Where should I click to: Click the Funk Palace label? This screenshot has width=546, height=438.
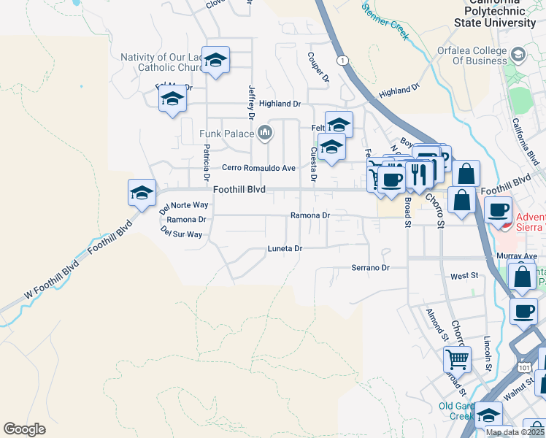point(226,134)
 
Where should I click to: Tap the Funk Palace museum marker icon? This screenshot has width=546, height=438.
point(265,133)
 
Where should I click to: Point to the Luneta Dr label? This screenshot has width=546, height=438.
point(285,249)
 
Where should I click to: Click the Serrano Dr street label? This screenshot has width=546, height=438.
point(370,268)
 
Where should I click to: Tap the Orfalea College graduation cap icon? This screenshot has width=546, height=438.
point(518,54)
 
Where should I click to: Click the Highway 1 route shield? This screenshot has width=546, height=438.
point(342,60)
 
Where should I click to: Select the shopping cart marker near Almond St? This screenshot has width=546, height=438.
point(457,358)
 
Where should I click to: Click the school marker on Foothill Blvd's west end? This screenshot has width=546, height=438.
point(142,193)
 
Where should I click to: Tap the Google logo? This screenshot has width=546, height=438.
point(24,429)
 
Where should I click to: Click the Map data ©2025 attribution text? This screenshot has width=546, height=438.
point(514,432)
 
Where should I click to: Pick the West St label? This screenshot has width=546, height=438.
point(464,276)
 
